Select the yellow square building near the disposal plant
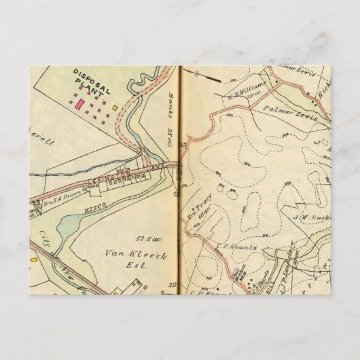(116, 107)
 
